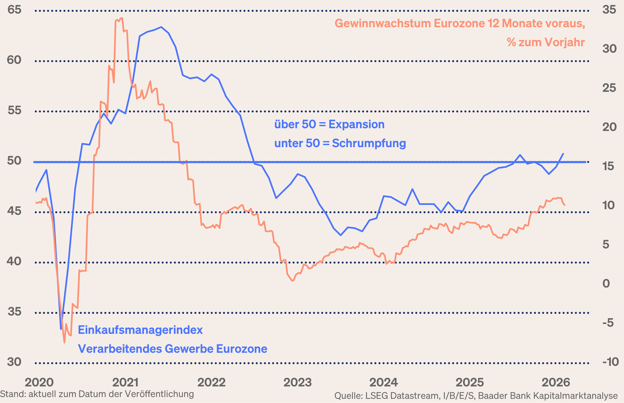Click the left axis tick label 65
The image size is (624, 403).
[x=14, y=10]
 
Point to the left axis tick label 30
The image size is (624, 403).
[x=14, y=362]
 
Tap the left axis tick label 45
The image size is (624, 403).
[x=14, y=211]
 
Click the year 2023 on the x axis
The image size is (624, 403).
[x=298, y=383]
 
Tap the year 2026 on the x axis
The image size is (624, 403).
[x=556, y=383]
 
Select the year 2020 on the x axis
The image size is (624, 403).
[x=39, y=383]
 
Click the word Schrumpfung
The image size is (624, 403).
[x=369, y=143]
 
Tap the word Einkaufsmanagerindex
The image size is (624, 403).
[x=140, y=330]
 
